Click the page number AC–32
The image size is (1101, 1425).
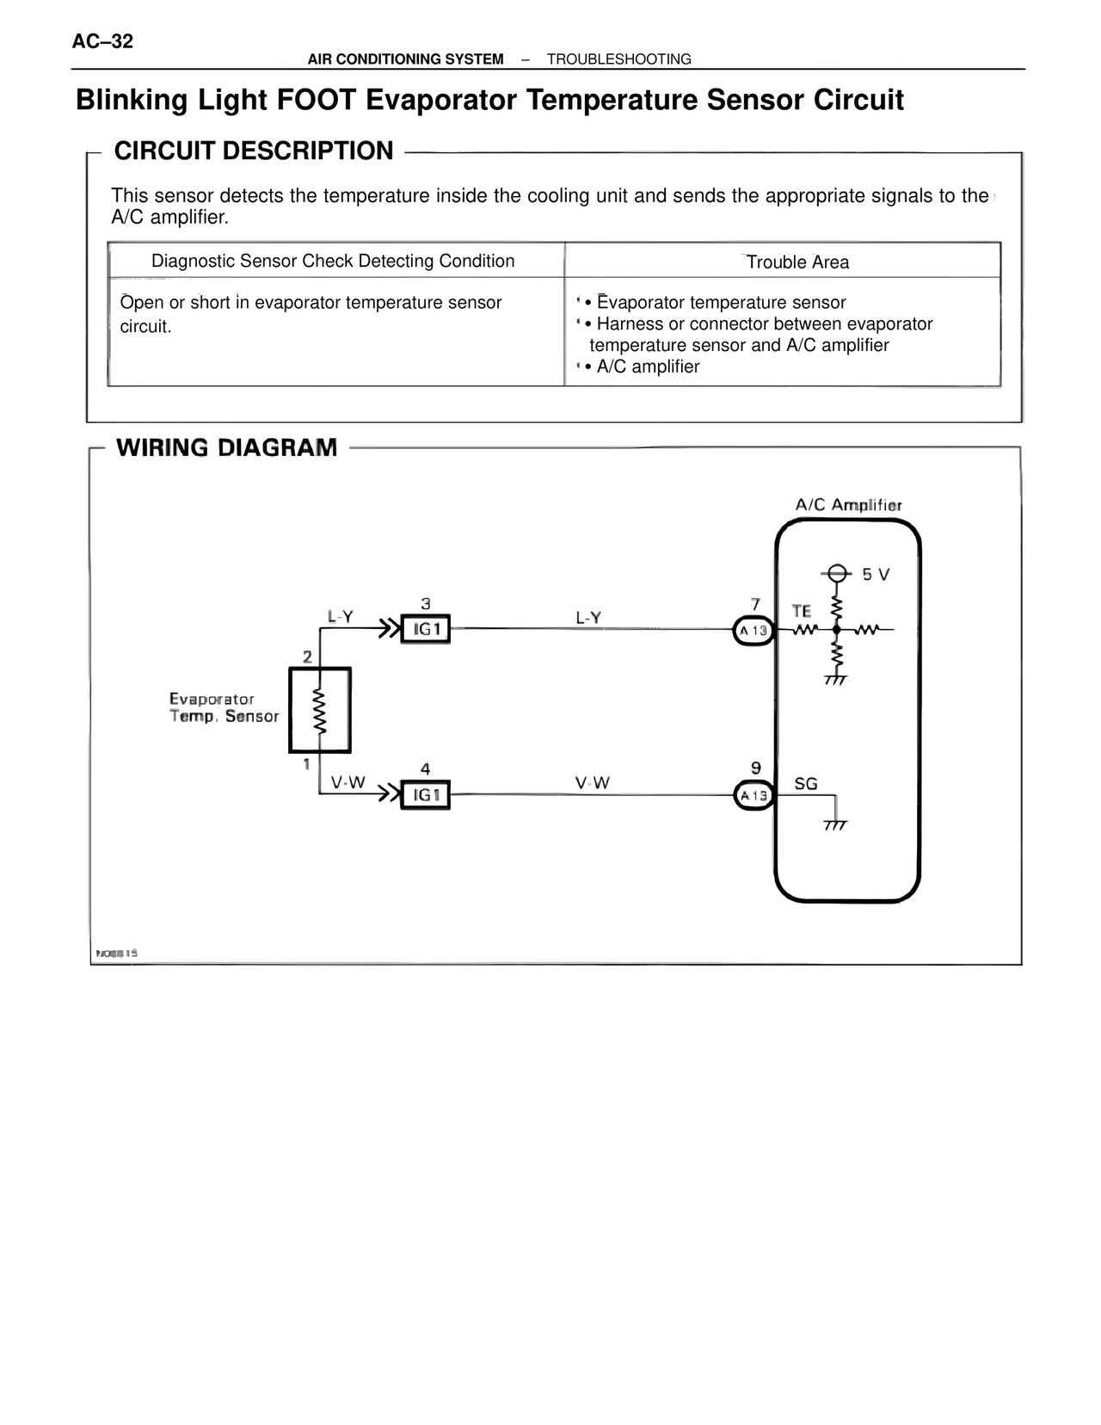pyautogui.click(x=103, y=41)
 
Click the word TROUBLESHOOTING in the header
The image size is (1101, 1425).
pyautogui.click(x=618, y=59)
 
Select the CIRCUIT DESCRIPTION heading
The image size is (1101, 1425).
pyautogui.click(x=254, y=151)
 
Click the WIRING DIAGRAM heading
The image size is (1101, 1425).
pyautogui.click(x=226, y=447)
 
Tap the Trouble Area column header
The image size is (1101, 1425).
pyautogui.click(x=797, y=262)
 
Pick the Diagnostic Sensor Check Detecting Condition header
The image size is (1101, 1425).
pyautogui.click(x=333, y=261)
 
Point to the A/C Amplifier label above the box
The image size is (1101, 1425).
pyautogui.click(x=848, y=505)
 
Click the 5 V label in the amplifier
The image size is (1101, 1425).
pyautogui.click(x=876, y=574)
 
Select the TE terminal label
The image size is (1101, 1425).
pyautogui.click(x=801, y=611)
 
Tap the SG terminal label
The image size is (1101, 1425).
pyautogui.click(x=806, y=784)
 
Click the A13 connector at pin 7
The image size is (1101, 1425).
pyautogui.click(x=753, y=631)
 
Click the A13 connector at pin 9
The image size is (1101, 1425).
pyautogui.click(x=753, y=796)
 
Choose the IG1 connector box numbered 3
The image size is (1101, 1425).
pyautogui.click(x=426, y=630)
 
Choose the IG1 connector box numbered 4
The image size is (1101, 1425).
pyautogui.click(x=426, y=795)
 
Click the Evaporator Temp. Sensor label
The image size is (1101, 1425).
pyautogui.click(x=224, y=707)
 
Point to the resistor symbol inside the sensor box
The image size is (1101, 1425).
pyautogui.click(x=320, y=711)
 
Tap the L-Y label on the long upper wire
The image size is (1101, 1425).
pyautogui.click(x=588, y=618)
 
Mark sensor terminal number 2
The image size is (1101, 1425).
pyautogui.click(x=307, y=657)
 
